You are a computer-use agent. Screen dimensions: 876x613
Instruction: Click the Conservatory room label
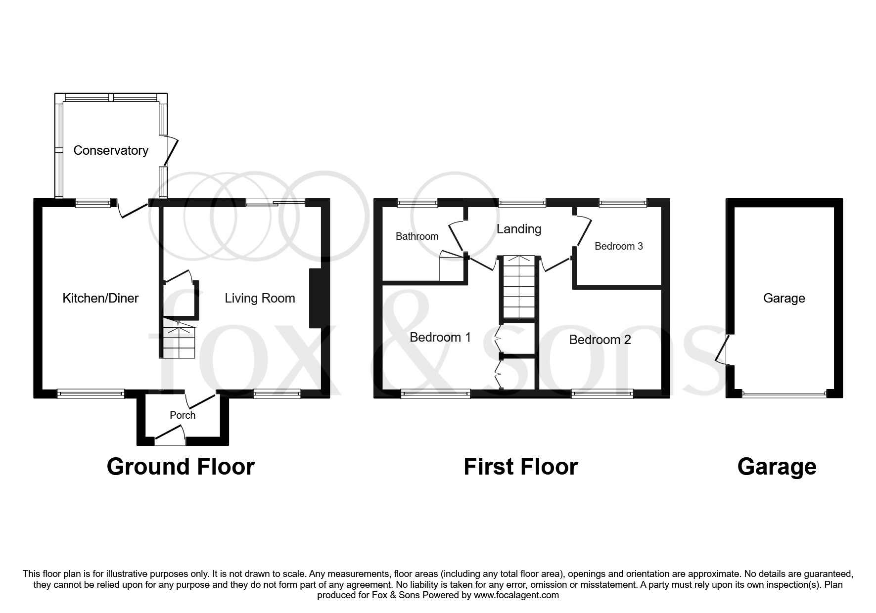click(x=111, y=150)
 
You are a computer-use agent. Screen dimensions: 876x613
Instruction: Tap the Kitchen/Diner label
click(x=100, y=298)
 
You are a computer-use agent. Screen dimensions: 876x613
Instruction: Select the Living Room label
click(x=260, y=298)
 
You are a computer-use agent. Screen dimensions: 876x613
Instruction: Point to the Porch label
click(x=183, y=415)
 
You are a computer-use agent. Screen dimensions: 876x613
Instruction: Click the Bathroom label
click(x=417, y=236)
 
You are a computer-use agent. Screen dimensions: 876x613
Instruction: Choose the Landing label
click(x=519, y=229)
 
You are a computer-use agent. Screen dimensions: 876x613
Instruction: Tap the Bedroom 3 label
click(x=619, y=246)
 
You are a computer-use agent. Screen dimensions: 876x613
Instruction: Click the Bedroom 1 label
click(x=440, y=337)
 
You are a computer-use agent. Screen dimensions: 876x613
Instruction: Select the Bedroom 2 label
click(x=600, y=340)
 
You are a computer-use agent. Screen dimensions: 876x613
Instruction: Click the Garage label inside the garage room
click(x=784, y=298)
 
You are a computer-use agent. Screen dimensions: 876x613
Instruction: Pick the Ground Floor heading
click(x=181, y=467)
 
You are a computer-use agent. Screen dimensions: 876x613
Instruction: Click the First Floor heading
click(x=520, y=467)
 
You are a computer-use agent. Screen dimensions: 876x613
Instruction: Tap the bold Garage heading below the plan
click(x=777, y=467)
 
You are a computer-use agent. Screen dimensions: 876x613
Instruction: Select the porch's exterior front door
click(x=170, y=435)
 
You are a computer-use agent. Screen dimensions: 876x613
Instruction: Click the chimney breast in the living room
click(x=315, y=299)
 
